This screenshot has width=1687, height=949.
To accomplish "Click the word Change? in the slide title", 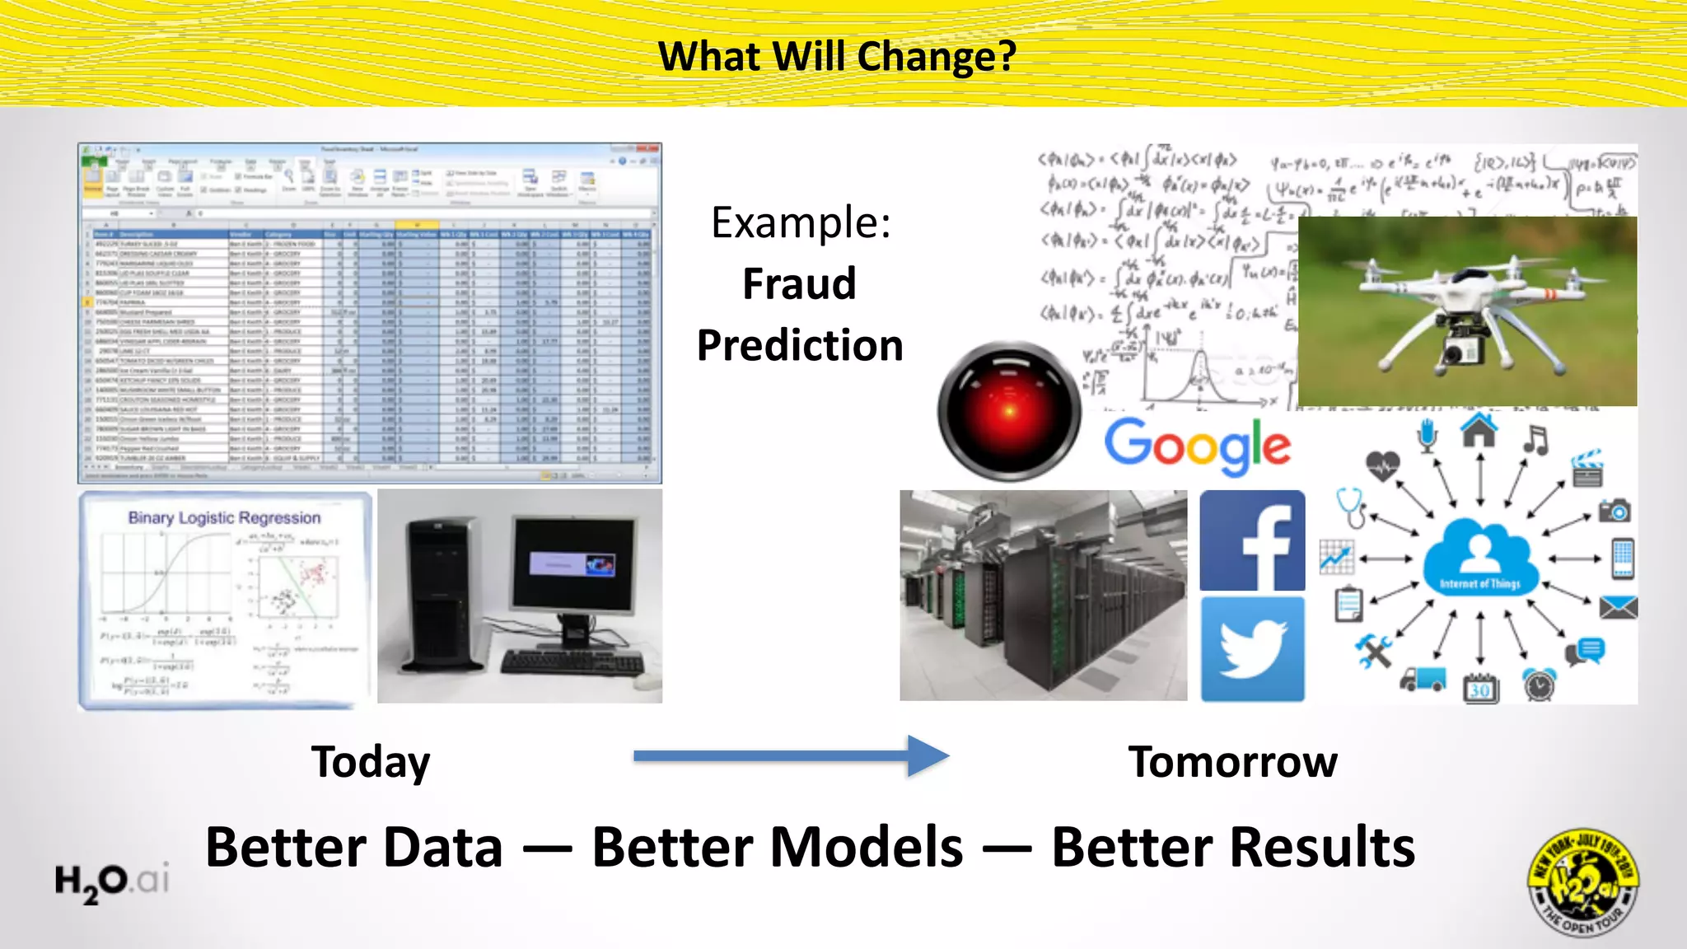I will point(937,58).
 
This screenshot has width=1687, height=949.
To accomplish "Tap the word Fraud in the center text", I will point(799,284).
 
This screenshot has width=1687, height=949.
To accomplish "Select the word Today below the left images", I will point(371,762).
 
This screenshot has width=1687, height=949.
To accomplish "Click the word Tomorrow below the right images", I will point(1232,762).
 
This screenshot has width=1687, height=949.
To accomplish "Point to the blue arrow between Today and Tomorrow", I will point(791,755).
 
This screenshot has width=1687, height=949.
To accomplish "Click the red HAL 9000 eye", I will point(1009,410).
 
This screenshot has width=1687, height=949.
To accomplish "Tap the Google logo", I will point(1197,446).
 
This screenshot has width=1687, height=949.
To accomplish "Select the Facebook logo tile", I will point(1252,540).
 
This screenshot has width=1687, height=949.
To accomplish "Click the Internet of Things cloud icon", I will point(1480,558).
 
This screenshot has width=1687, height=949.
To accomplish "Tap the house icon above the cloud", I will point(1479,430).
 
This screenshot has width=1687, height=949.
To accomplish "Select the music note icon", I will point(1535,440).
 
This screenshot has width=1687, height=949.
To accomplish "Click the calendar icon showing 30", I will point(1480,688).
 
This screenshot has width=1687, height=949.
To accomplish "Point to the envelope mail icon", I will point(1618,608).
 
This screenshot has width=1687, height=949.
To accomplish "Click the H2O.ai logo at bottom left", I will point(111,881).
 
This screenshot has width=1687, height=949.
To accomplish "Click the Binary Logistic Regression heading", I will point(224,518).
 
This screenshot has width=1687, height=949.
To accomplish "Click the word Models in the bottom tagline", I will point(777,848).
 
